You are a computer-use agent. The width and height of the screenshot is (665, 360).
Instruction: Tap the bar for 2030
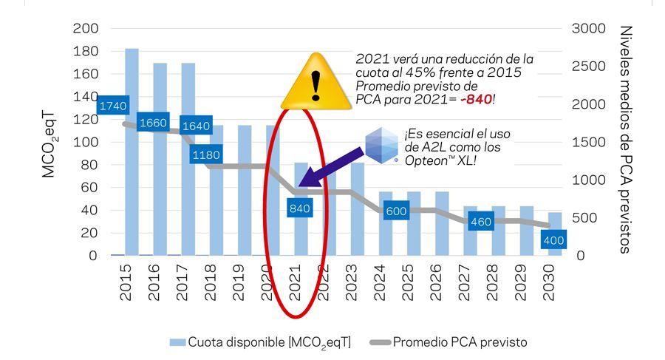pos(554,222)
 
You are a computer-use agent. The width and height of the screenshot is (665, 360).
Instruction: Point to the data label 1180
pos(206,155)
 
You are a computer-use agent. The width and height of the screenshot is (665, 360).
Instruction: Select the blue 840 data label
pos(299,208)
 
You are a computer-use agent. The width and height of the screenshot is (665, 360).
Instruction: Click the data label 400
pos(553,240)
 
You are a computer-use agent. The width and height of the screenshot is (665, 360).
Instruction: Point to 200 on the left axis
pos(86,28)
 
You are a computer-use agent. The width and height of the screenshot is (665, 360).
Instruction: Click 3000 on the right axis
pos(588,28)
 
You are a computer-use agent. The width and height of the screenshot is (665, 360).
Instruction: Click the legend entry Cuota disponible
pos(259,342)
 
